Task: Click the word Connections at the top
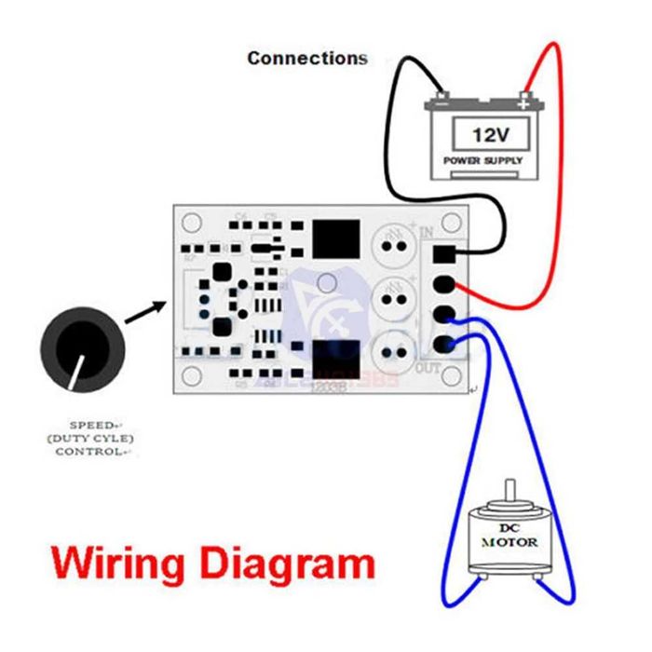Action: [x=307, y=58]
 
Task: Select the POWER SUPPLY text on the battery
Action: [x=483, y=160]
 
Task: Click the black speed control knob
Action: [x=81, y=346]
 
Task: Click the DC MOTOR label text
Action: [x=509, y=537]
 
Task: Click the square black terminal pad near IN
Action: [x=445, y=254]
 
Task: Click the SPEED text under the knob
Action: [x=88, y=422]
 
